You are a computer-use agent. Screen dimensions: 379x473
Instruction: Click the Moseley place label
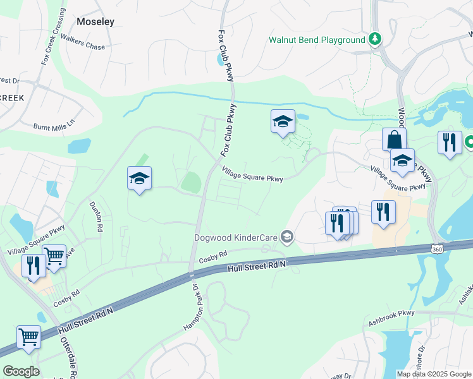[95, 21]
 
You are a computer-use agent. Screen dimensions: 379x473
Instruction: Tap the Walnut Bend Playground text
[317, 40]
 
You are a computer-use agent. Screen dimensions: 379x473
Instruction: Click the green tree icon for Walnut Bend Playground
[376, 39]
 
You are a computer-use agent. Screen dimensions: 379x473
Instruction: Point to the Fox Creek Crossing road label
[53, 37]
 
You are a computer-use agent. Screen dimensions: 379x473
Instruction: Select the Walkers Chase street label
[87, 47]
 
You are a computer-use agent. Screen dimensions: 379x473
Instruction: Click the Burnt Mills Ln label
[54, 122]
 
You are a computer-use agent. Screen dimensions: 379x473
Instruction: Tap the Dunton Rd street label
[96, 216]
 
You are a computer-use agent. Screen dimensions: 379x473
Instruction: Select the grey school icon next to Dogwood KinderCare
[287, 237]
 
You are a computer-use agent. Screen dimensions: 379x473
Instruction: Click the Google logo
[21, 371]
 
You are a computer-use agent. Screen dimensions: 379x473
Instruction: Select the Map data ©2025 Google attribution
[433, 374]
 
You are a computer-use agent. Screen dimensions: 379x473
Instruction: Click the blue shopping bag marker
[394, 140]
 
